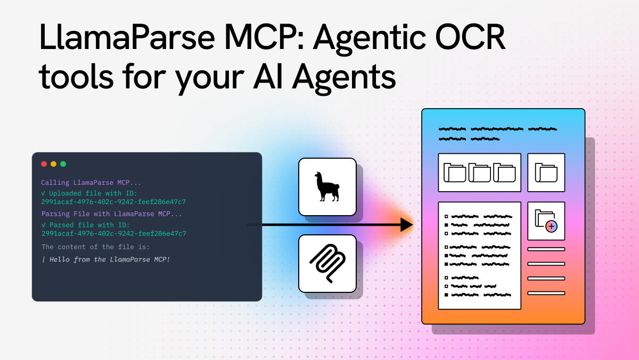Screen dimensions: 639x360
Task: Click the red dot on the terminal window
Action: pos(44,164)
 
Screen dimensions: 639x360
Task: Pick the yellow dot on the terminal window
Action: pos(53,164)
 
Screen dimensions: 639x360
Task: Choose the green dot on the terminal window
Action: pos(63,164)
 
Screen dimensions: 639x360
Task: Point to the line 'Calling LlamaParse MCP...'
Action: pos(91,183)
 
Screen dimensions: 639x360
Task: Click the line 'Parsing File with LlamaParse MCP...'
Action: pos(111,214)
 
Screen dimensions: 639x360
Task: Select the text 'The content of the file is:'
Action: pos(95,247)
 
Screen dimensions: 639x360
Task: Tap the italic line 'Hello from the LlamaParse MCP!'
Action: pos(109,259)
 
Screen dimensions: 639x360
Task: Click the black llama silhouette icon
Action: pos(327,186)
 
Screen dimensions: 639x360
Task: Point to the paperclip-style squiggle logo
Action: pos(327,264)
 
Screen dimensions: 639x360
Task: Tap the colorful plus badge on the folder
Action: pos(551,226)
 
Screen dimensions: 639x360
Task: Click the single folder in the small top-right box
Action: pos(546,173)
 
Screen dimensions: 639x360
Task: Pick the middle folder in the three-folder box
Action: pos(479,173)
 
